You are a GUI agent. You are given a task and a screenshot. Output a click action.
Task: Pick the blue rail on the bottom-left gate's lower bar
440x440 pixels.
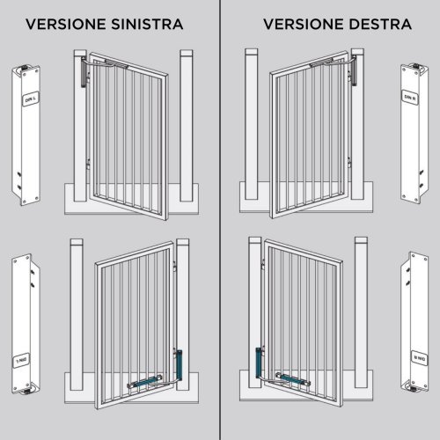[x=146, y=380]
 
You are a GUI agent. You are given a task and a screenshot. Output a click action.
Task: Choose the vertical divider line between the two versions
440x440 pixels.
[x=220, y=220]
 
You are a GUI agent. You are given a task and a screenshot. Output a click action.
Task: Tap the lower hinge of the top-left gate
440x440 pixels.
[x=91, y=162]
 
